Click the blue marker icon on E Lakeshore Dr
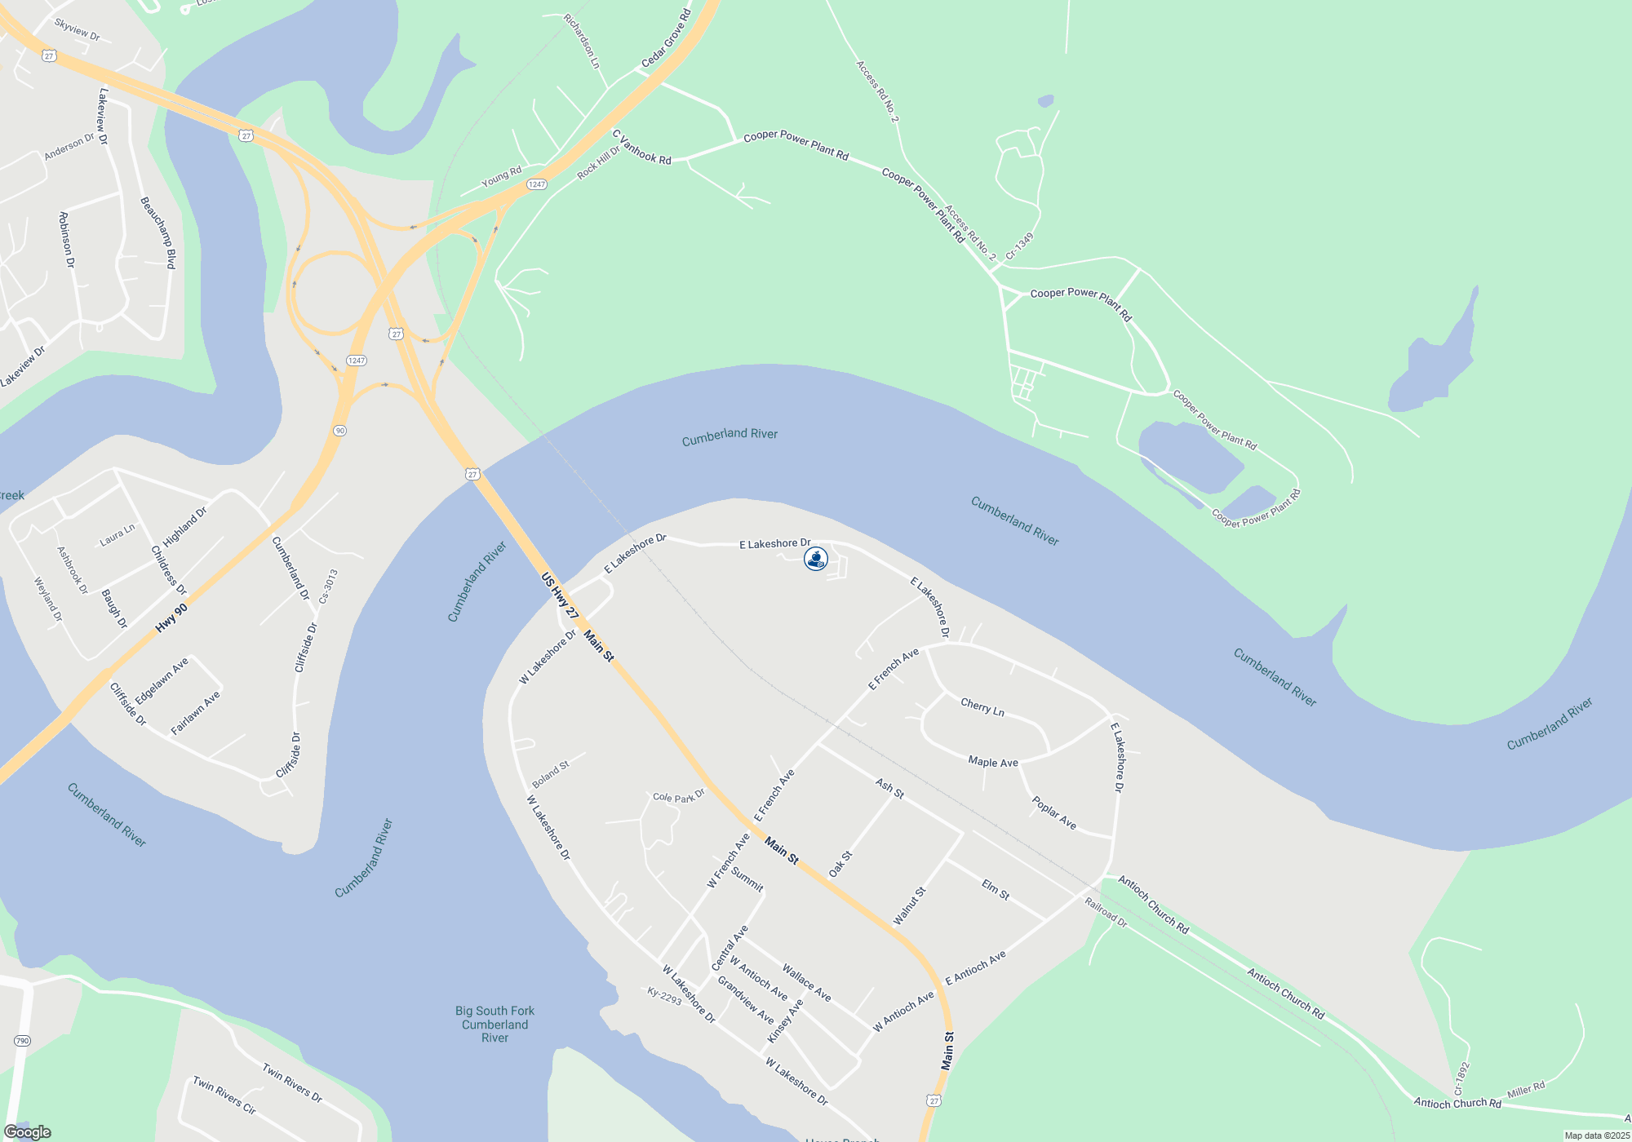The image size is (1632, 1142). pyautogui.click(x=816, y=559)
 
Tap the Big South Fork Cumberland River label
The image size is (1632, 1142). pyautogui.click(x=494, y=1024)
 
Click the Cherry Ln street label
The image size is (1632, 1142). pyautogui.click(x=982, y=707)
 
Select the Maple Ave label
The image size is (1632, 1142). pyautogui.click(x=993, y=762)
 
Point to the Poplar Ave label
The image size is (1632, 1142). pyautogui.click(x=1053, y=813)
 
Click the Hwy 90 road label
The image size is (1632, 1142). pyautogui.click(x=171, y=617)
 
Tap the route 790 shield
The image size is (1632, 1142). pyautogui.click(x=22, y=1041)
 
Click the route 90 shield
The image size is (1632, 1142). pyautogui.click(x=339, y=431)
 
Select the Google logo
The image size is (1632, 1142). pyautogui.click(x=28, y=1132)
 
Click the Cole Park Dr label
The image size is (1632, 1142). pyautogui.click(x=678, y=797)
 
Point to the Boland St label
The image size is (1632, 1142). pyautogui.click(x=551, y=773)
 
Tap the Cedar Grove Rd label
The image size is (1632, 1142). pyautogui.click(x=666, y=39)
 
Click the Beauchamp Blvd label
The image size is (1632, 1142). pyautogui.click(x=158, y=232)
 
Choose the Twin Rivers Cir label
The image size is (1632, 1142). pyautogui.click(x=224, y=1096)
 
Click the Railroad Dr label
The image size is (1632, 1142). pyautogui.click(x=1106, y=912)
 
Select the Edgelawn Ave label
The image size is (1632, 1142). pyautogui.click(x=162, y=681)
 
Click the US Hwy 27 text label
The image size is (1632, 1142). pyautogui.click(x=560, y=595)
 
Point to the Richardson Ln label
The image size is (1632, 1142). pyautogui.click(x=583, y=41)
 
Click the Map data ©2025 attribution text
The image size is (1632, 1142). pyautogui.click(x=1596, y=1135)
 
